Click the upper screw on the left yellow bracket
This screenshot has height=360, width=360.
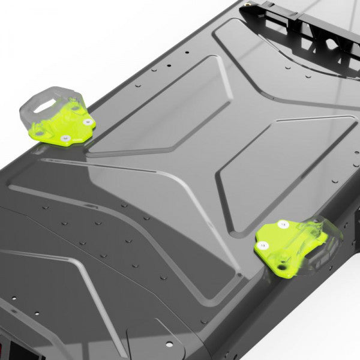coord(88,122)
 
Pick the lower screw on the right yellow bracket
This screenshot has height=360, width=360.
coord(262,245)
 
